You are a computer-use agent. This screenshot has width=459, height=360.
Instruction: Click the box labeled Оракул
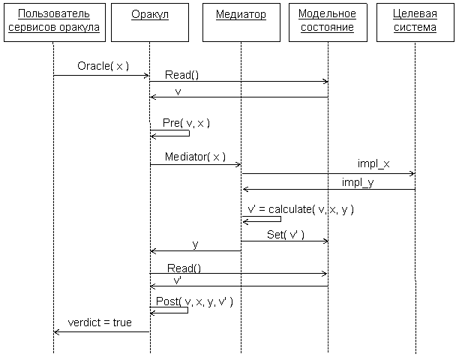point(149,22)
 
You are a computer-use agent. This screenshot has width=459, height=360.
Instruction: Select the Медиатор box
point(241,22)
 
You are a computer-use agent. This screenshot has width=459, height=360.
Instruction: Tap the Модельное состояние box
point(327,22)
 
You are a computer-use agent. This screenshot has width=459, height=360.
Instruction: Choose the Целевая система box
point(415,22)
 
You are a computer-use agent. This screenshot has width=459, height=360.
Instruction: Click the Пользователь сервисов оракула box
point(53,22)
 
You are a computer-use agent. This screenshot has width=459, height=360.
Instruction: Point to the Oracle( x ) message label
point(103,66)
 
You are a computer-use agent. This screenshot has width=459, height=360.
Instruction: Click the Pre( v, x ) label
point(186,123)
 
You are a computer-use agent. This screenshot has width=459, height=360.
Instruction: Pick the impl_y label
point(358,182)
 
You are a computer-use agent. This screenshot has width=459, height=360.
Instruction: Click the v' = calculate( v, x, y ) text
point(300,210)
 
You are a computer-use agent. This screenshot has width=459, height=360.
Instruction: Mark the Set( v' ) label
point(286,235)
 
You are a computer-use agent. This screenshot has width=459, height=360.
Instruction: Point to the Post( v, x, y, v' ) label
point(199,301)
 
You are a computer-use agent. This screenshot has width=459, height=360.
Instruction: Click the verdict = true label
point(100,322)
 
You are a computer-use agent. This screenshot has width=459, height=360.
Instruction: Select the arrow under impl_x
point(328,173)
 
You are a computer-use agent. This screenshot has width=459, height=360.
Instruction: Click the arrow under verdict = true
point(101,331)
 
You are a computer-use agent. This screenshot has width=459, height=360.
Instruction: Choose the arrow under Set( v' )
point(285,241)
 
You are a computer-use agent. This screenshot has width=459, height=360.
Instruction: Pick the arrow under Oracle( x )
point(101,75)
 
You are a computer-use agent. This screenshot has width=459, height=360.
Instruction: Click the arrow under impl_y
point(328,190)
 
